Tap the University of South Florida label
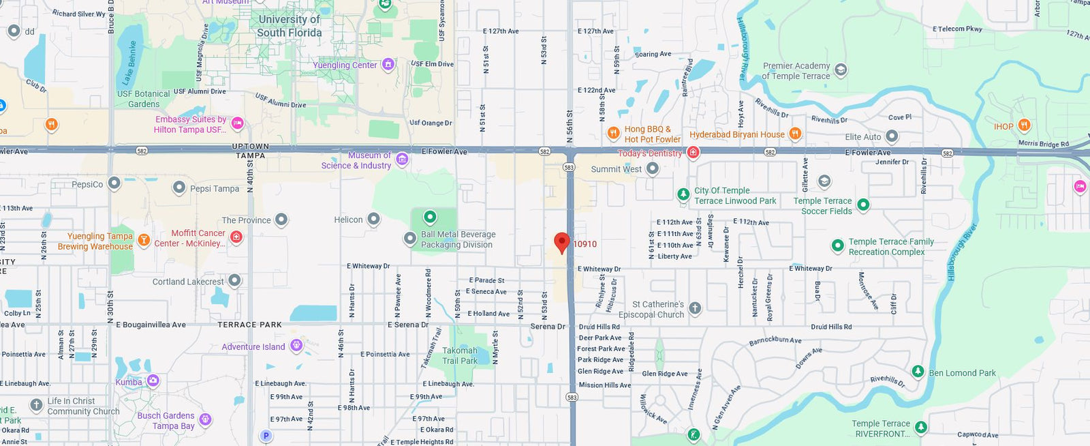289,26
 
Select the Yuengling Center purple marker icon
388,65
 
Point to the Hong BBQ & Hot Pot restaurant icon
613,132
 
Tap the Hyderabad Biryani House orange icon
795,134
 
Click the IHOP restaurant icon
1024,126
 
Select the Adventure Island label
253,346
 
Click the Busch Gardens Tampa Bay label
166,421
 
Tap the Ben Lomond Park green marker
918,372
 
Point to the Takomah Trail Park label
460,355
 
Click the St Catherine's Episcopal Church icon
695,308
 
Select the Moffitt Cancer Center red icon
236,237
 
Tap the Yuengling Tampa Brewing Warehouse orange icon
144,239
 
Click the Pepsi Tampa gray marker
179,188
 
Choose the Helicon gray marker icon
373,219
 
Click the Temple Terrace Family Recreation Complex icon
838,246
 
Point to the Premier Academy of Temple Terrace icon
841,70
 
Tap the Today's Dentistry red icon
694,152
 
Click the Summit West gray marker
652,168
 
